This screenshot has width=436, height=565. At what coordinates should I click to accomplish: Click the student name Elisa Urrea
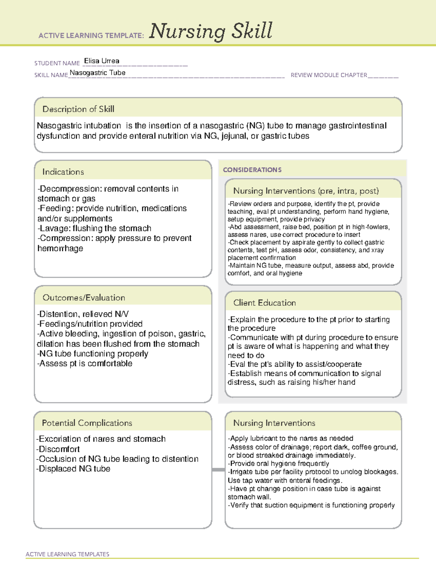tap(101, 61)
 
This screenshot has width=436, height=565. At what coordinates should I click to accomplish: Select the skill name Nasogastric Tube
tap(97, 73)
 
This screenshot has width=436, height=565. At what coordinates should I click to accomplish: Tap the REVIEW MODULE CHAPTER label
tap(329, 75)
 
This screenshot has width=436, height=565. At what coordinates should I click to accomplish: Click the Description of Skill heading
tap(78, 109)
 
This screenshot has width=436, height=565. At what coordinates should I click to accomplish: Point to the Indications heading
tap(63, 172)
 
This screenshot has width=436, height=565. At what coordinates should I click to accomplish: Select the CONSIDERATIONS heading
tap(252, 170)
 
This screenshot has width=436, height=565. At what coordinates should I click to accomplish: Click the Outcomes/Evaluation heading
tap(84, 298)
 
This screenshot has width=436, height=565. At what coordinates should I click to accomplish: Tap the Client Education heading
tap(264, 303)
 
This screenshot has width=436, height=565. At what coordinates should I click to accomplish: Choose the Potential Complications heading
tap(87, 423)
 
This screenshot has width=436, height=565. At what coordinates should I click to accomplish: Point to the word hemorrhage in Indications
tap(60, 248)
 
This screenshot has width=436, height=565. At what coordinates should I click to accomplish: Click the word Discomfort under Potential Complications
tap(59, 449)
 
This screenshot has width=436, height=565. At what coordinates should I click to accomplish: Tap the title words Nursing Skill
tap(210, 31)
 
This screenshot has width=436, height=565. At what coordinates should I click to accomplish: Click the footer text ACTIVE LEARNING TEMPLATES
tap(67, 554)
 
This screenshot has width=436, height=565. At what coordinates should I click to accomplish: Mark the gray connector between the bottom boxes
tap(218, 470)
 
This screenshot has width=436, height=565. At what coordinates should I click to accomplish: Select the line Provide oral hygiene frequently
tap(279, 463)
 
